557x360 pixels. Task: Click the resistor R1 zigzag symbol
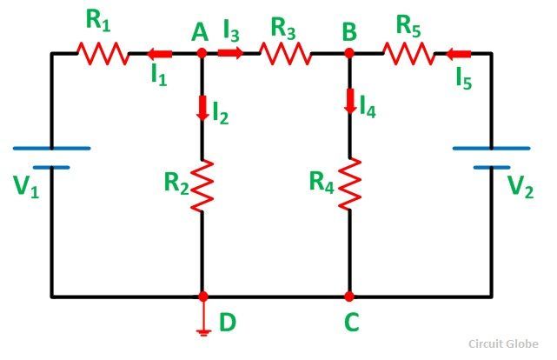pos(103,54)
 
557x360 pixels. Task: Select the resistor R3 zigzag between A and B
pos(286,54)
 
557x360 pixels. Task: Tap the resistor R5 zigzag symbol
pos(408,54)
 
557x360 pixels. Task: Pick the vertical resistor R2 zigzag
pos(202,185)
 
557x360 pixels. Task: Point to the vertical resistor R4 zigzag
pos(350,183)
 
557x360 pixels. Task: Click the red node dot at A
pos(202,53)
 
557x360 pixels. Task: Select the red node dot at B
pos(349,53)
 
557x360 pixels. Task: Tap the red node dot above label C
pos(349,296)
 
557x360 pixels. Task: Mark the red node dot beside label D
pos(202,296)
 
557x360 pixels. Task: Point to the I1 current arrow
pos(160,55)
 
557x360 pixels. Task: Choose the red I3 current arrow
pos(230,53)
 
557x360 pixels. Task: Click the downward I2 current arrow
pos(202,108)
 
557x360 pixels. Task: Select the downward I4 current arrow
pos(350,101)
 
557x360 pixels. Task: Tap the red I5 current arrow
pos(458,55)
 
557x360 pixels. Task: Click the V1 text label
pos(26,187)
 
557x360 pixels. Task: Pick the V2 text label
pos(520,186)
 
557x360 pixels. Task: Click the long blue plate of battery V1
pos(52,148)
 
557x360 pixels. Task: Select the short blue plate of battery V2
pos(492,167)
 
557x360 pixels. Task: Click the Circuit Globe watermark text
pos(503,344)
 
